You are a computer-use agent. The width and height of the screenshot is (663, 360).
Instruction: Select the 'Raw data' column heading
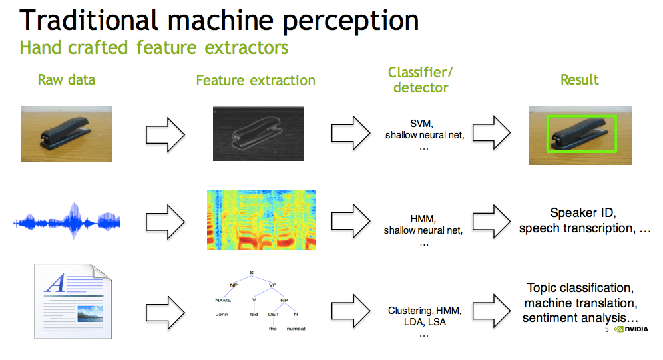coord(66,80)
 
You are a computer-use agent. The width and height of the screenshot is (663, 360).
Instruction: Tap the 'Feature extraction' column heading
coord(256,81)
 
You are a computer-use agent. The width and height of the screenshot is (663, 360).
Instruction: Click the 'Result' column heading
coord(579,80)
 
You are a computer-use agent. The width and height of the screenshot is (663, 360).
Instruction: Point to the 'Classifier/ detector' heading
coord(417,80)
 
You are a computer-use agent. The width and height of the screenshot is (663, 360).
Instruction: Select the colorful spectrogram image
coord(261,220)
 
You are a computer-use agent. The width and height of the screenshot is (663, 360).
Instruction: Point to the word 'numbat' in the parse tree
coord(296,328)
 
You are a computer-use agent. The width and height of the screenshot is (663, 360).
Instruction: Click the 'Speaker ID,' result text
coord(584,213)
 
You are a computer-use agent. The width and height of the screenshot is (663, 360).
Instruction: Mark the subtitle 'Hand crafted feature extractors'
coord(154,48)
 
